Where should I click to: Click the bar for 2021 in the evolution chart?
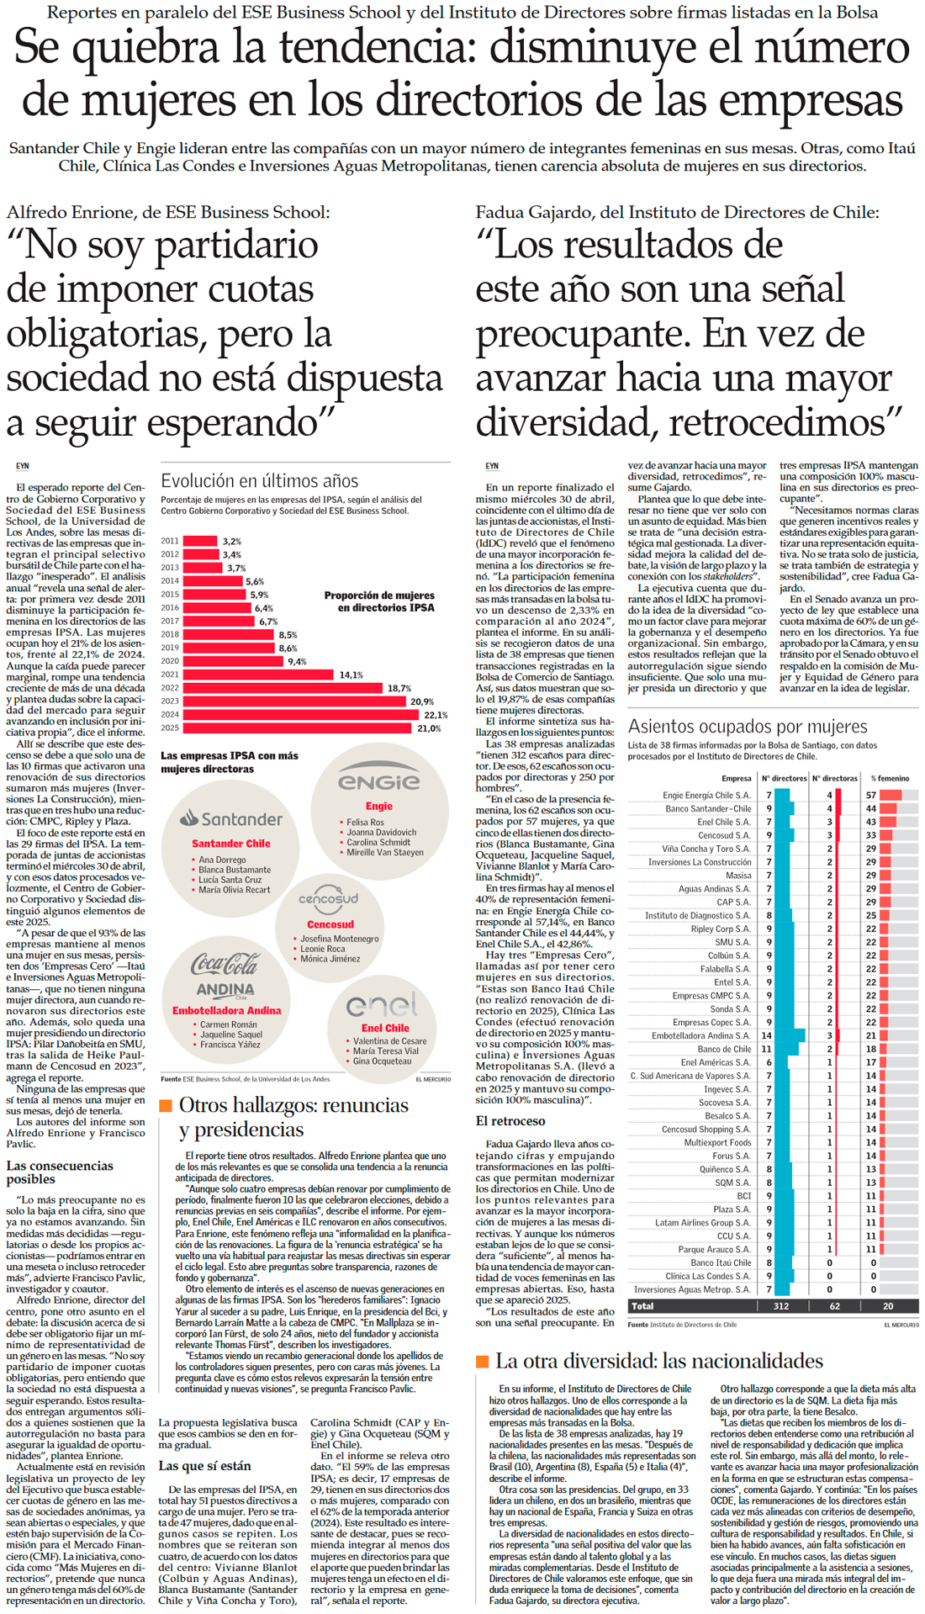point(257,675)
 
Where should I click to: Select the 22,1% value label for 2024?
point(435,715)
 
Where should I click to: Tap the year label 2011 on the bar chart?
point(169,541)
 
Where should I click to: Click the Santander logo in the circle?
point(231,818)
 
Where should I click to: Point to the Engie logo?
point(378,782)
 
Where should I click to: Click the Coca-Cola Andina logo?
point(225,975)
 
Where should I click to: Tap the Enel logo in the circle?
point(382,1005)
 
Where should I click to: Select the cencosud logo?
point(329,900)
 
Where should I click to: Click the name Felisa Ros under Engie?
point(365,822)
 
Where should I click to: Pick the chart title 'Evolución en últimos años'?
point(259,481)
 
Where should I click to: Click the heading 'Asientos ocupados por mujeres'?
point(748,727)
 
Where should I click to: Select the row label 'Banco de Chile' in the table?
point(724,1049)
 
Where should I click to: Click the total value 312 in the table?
point(780,1306)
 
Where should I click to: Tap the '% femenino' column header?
point(890,778)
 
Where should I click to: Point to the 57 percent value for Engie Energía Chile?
point(871,795)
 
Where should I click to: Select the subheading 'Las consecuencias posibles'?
point(60,1172)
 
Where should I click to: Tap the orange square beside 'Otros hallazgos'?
point(166,1105)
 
